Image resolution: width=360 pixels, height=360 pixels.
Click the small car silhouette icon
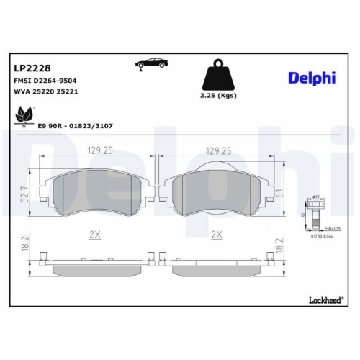(150, 66)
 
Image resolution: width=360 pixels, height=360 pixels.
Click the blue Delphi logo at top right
(312, 77)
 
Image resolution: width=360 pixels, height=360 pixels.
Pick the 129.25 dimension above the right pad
(217, 152)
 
